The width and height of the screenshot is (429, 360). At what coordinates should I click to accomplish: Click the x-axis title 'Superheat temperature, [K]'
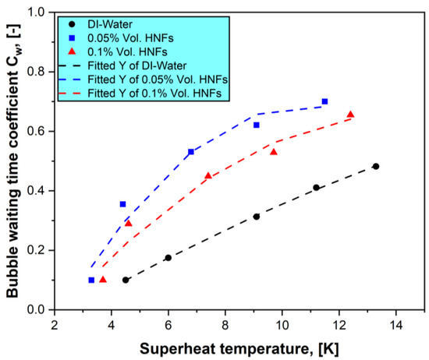click(x=239, y=347)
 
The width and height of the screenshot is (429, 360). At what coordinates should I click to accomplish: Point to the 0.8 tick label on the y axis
click(x=34, y=72)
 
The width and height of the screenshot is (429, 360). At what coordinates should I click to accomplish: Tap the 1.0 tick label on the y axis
click(x=34, y=12)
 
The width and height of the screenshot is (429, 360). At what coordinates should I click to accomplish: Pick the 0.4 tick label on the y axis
click(x=34, y=191)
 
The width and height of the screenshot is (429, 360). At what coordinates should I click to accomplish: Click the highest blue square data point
click(x=324, y=101)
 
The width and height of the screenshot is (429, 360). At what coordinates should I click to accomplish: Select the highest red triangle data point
click(x=350, y=115)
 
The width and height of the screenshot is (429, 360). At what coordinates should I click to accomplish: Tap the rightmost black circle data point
click(x=376, y=166)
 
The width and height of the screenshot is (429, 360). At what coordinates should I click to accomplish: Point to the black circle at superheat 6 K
click(x=168, y=258)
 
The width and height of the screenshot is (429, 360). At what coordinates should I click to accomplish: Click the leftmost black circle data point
click(x=126, y=280)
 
